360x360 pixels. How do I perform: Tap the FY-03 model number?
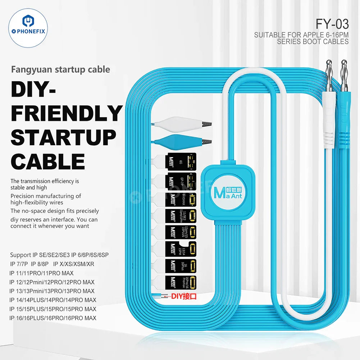[x=332, y=24]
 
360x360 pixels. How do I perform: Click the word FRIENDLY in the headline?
[x=67, y=114]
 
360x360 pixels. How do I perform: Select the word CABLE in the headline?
[x=48, y=161]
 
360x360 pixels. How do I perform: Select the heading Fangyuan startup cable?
[x=60, y=69]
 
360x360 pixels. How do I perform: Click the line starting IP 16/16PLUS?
[x=53, y=318]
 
